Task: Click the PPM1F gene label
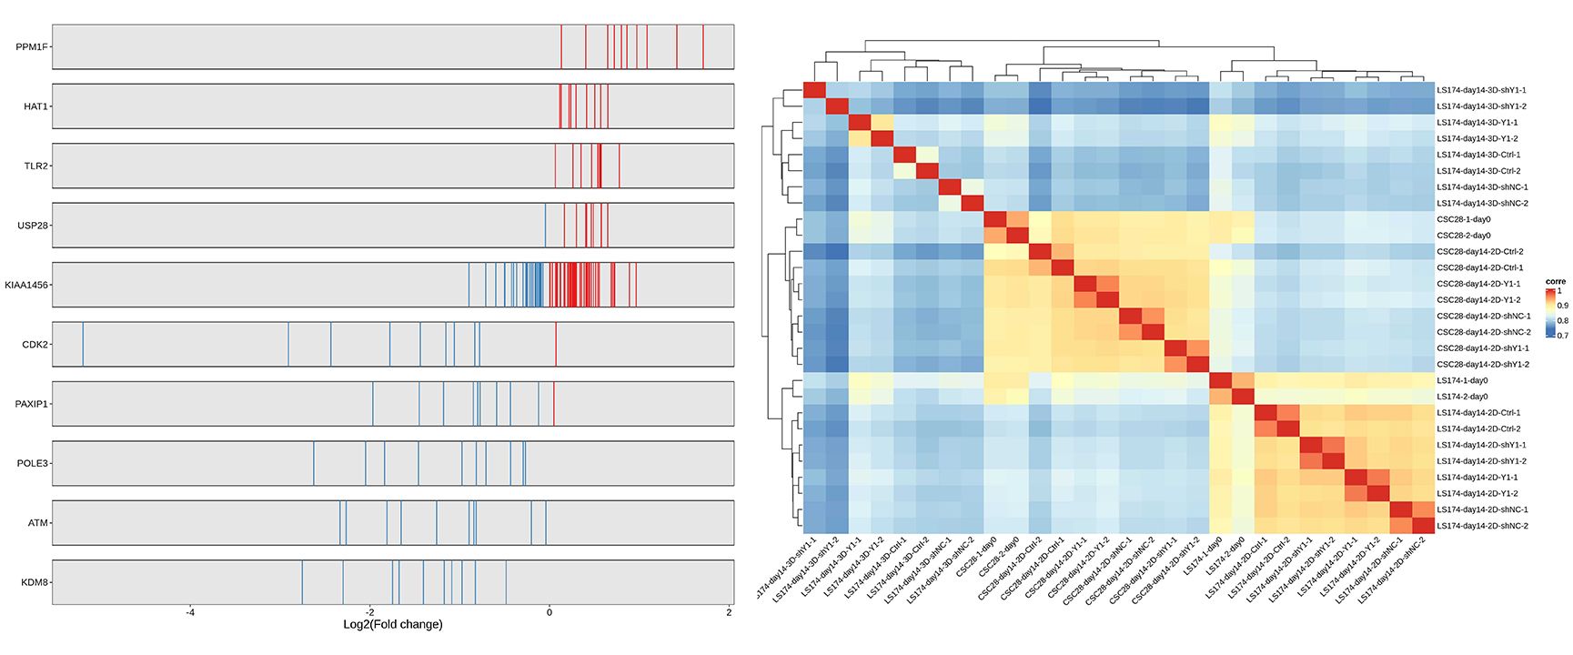(32, 47)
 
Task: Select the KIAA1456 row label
(26, 285)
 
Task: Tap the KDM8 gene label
(35, 582)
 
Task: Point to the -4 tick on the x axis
(190, 612)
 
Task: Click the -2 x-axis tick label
(369, 612)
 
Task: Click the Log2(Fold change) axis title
(392, 625)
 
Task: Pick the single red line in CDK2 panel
(556, 344)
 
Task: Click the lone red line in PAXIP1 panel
(553, 403)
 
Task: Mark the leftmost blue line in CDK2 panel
(83, 344)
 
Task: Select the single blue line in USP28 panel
(545, 225)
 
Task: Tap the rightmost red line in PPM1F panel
(703, 46)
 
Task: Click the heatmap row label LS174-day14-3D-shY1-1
(1480, 90)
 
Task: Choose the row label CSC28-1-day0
(1463, 219)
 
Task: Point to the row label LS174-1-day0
(1462, 380)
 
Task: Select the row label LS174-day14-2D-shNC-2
(1482, 526)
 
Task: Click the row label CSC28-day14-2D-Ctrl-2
(1478, 251)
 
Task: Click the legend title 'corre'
(1555, 282)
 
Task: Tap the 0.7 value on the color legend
(1562, 336)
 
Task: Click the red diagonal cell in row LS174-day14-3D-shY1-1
(814, 90)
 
